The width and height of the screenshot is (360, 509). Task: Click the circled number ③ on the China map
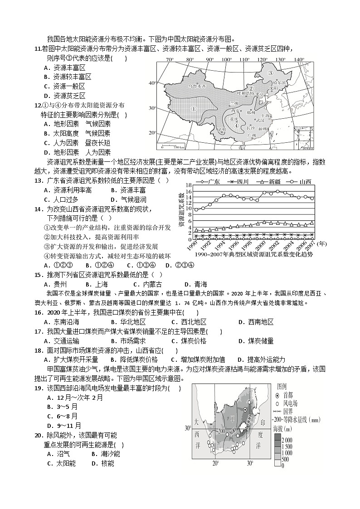270,73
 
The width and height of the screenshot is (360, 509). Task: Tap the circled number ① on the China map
193,109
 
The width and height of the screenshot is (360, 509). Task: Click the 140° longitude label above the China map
299,59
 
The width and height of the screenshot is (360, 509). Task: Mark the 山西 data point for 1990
196,209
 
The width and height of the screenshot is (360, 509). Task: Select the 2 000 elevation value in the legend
291,440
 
